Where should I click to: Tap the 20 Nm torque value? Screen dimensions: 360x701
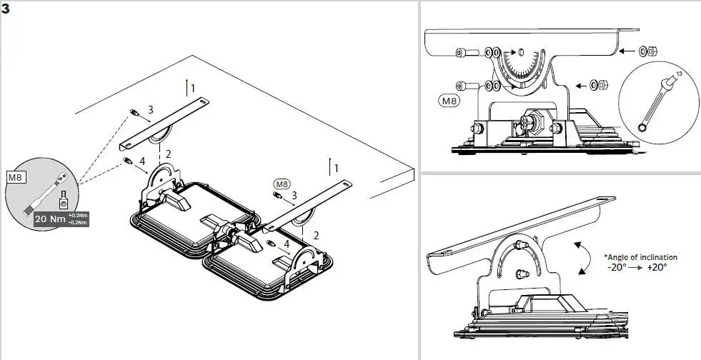[50, 220]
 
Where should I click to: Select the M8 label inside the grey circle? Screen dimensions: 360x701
[15, 175]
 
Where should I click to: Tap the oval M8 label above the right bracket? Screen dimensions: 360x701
[282, 183]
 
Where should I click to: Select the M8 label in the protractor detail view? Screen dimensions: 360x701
[449, 100]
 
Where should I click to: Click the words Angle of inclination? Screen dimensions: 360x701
[640, 257]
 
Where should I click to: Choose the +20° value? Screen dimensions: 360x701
[657, 267]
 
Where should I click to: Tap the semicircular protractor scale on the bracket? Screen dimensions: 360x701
[522, 71]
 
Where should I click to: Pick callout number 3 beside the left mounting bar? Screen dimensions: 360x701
[150, 110]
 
